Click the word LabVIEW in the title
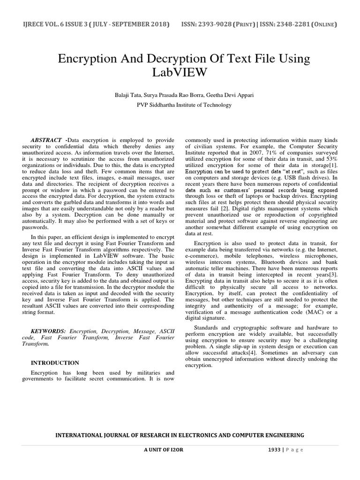tap(180, 73)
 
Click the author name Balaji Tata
tap(128, 95)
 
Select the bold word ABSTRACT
tap(46, 140)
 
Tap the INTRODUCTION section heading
tap(55, 363)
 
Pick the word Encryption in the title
tap(86, 60)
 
